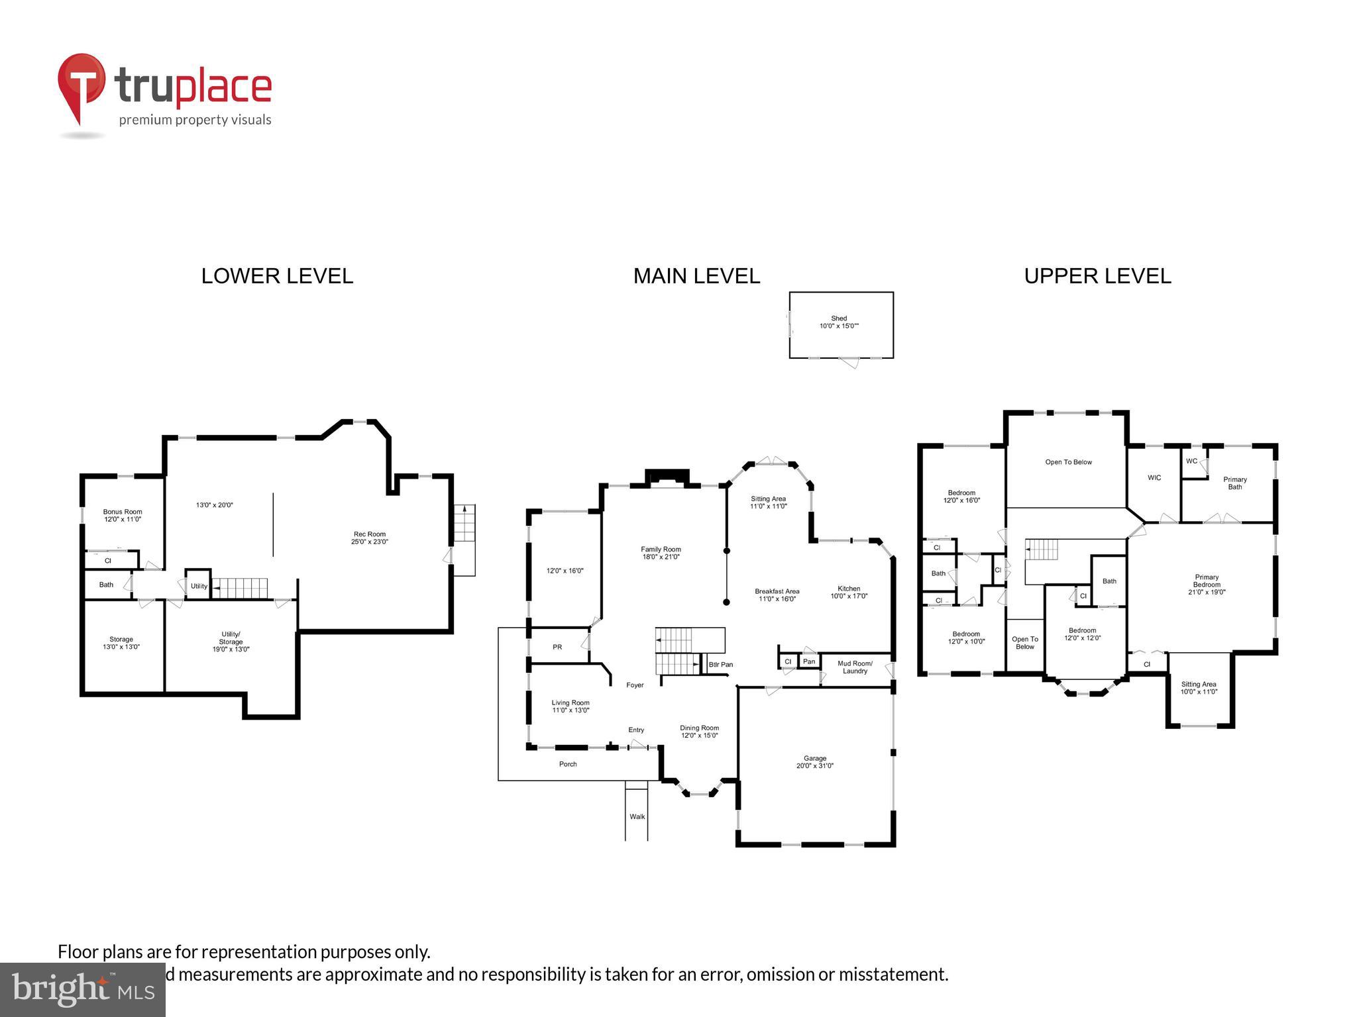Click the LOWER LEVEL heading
pos(277,276)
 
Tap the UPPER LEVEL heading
pos(1097,276)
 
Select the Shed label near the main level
pos(839,322)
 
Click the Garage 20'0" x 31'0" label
pos(815,762)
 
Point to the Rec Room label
pos(369,538)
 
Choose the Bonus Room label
pos(123,515)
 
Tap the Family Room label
pos(661,553)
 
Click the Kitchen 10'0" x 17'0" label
pos(849,592)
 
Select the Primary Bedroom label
pos(1207,584)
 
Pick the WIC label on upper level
pos(1154,477)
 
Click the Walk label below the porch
pos(637,816)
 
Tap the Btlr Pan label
pos(720,664)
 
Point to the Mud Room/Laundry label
pos(855,667)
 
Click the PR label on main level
pos(557,647)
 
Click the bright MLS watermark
pos(83,989)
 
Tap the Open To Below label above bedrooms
pos(1068,462)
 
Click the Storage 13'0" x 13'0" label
pos(121,643)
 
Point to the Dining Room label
pos(699,731)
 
